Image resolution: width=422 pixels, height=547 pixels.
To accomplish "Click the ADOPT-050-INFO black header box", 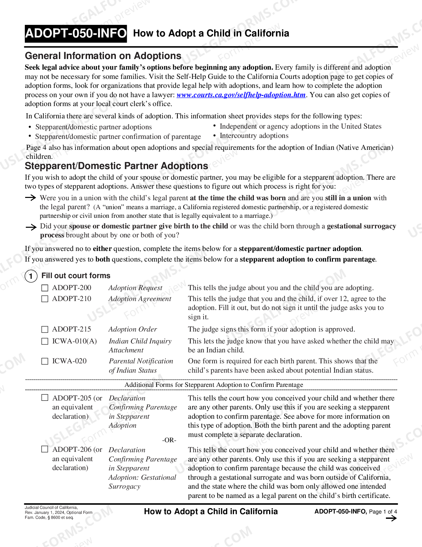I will [76, 33].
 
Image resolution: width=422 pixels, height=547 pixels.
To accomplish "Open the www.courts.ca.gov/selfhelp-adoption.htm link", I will [241, 95].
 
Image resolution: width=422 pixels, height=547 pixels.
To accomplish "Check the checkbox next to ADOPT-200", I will [45, 288].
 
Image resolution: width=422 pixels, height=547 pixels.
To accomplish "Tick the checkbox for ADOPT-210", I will [45, 299].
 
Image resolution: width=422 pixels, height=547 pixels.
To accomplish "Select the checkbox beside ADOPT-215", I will [45, 330].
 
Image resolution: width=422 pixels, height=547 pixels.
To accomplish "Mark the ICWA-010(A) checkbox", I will [45, 341].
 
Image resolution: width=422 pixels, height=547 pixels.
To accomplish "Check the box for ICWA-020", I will [45, 361].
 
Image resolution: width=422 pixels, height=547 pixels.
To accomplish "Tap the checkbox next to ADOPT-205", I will [45, 397].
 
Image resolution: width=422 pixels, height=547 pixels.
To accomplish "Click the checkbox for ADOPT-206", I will [45, 449].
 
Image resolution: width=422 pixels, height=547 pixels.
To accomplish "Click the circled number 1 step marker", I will [31, 276].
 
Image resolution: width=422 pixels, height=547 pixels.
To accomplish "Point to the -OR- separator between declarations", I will [169, 440].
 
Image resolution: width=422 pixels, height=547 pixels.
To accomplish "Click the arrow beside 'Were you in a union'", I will [31, 198].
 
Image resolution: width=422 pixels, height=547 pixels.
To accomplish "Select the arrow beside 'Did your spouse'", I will [31, 227].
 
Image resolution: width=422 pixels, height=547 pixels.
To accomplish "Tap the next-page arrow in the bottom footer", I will [391, 518].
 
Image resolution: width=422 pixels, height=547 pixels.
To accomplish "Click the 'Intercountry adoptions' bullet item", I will [254, 136].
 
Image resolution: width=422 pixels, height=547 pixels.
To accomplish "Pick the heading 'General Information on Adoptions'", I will [103, 56].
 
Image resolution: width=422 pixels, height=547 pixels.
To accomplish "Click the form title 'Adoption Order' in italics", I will [133, 329].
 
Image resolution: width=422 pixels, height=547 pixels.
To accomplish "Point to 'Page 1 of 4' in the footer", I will [383, 512].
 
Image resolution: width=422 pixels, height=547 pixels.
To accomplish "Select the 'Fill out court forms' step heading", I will [76, 275].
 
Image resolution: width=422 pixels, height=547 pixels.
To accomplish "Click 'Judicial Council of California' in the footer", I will [51, 507].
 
